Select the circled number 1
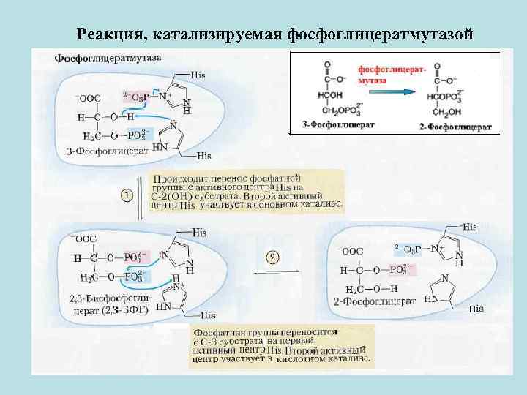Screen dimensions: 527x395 tap(126, 195)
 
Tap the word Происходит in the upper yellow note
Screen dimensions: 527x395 tap(179, 178)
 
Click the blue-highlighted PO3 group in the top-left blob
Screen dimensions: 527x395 tap(140, 135)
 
